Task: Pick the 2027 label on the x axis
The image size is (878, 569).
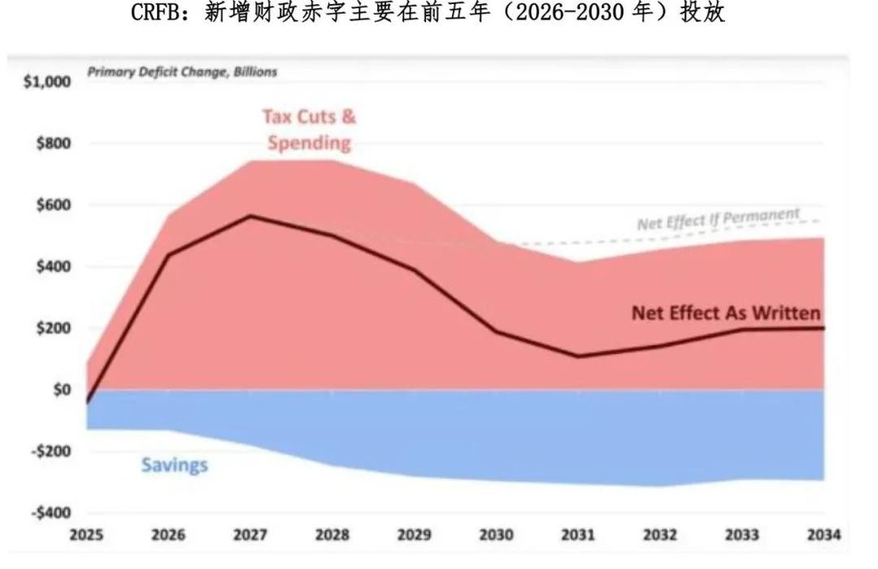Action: (250, 536)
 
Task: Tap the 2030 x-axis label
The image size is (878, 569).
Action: (496, 536)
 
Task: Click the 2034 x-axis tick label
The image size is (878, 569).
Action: (824, 536)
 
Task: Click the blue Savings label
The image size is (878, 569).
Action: (174, 465)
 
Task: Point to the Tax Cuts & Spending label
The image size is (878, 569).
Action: (309, 130)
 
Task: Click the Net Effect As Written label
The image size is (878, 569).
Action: (726, 313)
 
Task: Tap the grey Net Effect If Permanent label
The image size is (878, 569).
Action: (718, 219)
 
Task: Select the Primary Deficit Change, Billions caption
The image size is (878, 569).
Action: (182, 72)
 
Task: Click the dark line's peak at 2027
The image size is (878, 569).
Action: (250, 215)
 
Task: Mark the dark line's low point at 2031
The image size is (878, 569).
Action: (578, 356)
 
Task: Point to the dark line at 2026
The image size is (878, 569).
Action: (168, 255)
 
